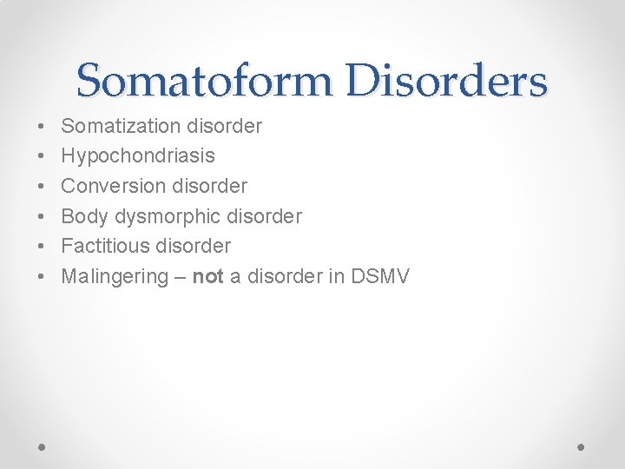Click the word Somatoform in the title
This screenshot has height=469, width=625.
205,82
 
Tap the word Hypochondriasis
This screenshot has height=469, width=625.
138,156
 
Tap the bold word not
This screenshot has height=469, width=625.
207,276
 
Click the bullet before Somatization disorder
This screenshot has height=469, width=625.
43,127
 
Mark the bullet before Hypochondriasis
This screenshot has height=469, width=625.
43,156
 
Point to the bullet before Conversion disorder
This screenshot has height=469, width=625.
43,187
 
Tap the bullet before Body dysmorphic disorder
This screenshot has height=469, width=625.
43,216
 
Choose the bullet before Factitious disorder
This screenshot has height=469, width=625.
43,246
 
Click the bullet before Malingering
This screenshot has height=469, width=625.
43,276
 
